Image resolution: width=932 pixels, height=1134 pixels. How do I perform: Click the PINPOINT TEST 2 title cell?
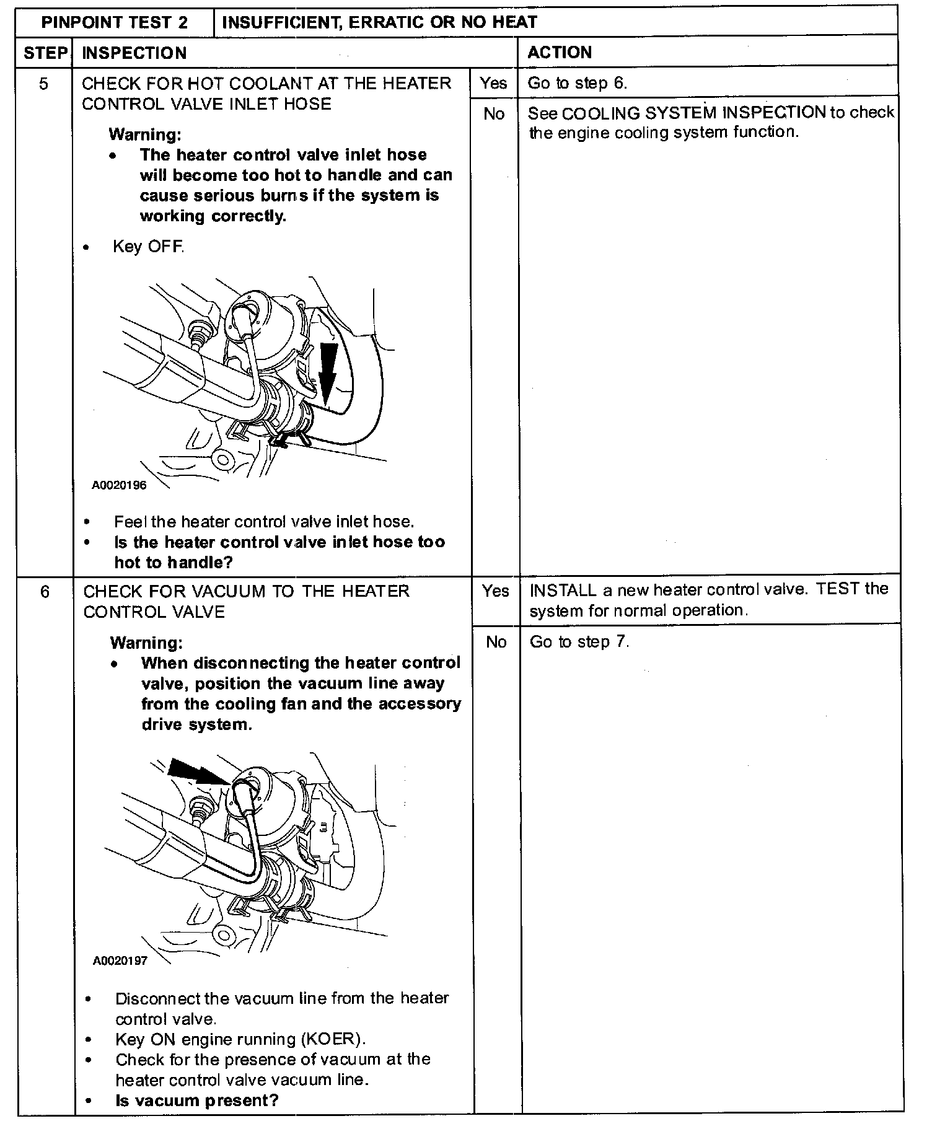(x=115, y=23)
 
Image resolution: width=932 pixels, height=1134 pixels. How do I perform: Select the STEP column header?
(x=45, y=53)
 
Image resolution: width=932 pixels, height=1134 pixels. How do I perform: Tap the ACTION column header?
(x=560, y=53)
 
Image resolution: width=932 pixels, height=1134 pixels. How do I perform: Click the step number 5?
(x=43, y=84)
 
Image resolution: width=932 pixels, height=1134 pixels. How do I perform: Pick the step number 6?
(x=45, y=592)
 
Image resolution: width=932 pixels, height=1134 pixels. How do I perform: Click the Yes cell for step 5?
(x=493, y=83)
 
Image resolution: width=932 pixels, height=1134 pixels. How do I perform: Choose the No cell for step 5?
(x=493, y=114)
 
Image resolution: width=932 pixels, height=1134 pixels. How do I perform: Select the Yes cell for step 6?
(x=495, y=591)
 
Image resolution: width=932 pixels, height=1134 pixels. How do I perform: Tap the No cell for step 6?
(x=496, y=642)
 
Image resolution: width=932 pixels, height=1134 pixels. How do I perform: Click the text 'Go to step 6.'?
(x=577, y=84)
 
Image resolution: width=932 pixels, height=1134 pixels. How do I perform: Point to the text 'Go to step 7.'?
(x=579, y=642)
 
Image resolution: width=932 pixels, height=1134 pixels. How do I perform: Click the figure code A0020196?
(x=120, y=485)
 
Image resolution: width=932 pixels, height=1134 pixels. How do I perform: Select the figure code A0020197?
(x=120, y=961)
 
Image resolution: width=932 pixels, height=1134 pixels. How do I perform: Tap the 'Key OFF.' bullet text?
(x=148, y=247)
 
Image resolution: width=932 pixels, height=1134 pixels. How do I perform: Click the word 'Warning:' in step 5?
(x=145, y=134)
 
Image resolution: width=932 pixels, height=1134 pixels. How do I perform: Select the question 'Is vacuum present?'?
(x=197, y=1101)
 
